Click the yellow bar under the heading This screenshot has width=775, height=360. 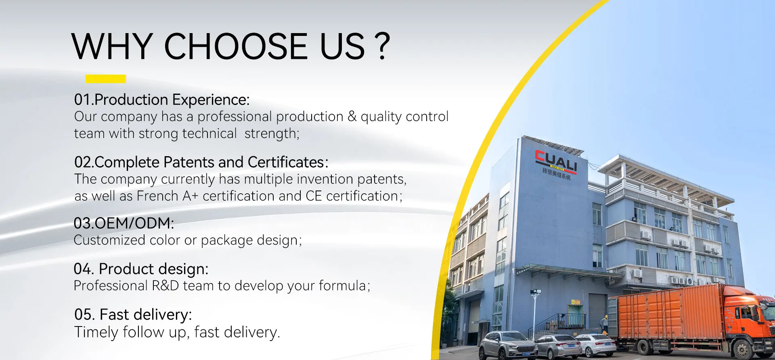pos(106,79)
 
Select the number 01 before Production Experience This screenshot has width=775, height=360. pos(82,100)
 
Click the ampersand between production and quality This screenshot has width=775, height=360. pos(352,116)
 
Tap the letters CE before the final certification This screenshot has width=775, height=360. pos(314,196)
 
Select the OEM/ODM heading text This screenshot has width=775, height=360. pos(124,223)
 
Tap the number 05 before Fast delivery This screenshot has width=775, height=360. pos(83,314)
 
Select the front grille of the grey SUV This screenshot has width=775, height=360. pos(524,349)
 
